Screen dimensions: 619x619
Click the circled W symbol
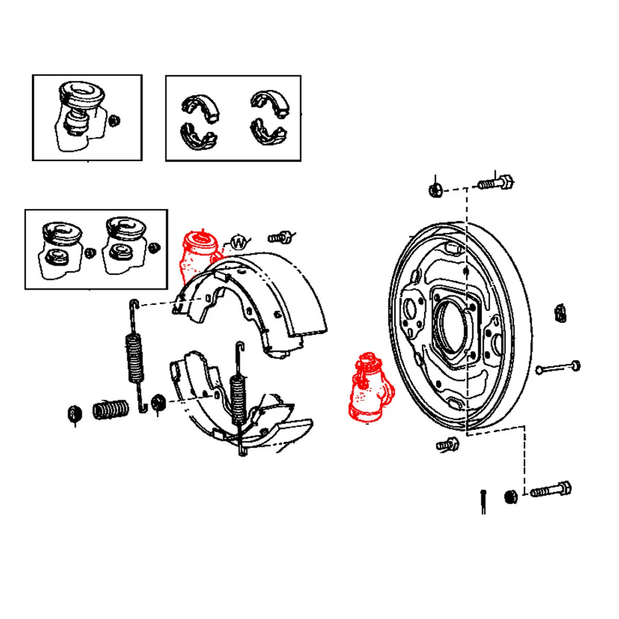(238, 242)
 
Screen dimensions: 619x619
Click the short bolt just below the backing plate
(447, 444)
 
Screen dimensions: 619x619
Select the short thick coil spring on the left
(111, 410)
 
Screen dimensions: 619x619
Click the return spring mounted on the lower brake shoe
(237, 395)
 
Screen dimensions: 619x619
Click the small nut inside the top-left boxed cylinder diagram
(115, 120)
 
